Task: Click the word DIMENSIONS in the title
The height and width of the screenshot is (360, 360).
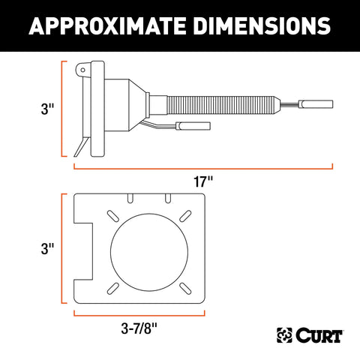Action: (265, 26)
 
